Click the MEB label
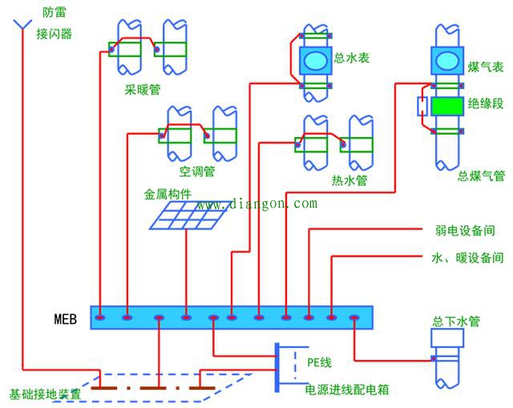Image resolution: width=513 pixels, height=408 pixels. point(66,319)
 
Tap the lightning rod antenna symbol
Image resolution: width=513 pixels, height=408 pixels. point(22,25)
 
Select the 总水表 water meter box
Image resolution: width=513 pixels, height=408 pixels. point(315,61)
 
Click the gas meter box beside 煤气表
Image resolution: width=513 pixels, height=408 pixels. point(447,61)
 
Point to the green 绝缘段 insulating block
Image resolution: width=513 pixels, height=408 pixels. point(447,106)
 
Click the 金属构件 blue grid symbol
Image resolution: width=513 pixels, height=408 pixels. point(190,215)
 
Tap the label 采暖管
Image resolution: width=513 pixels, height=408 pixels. point(143,89)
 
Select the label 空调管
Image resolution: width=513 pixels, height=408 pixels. point(197,171)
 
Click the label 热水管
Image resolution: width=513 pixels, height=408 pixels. point(349,180)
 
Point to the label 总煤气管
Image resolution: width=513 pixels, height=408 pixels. point(481,176)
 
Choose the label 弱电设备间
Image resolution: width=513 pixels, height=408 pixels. point(465,231)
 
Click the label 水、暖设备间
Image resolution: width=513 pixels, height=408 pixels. point(467,258)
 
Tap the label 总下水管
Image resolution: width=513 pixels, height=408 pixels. point(456,321)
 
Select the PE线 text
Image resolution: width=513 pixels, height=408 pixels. point(319,362)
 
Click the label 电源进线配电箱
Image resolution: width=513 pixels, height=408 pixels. point(347,390)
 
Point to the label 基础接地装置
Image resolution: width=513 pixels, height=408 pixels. point(45,394)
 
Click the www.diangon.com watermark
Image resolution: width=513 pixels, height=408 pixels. point(257,204)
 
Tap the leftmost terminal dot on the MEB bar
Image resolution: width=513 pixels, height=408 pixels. point(99,317)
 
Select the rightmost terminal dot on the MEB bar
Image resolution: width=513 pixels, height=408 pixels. point(354,317)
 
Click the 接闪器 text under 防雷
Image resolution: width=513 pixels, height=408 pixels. point(54,34)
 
